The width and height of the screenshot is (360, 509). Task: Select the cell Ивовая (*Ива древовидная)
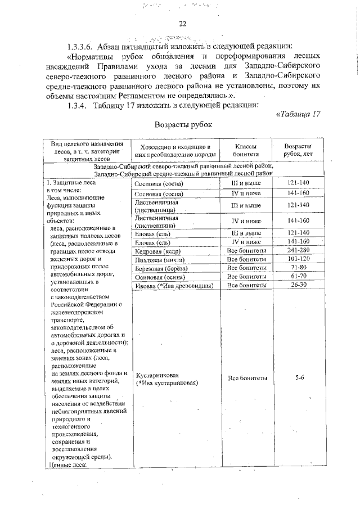173,286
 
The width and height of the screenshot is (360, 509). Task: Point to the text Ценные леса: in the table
68,464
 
